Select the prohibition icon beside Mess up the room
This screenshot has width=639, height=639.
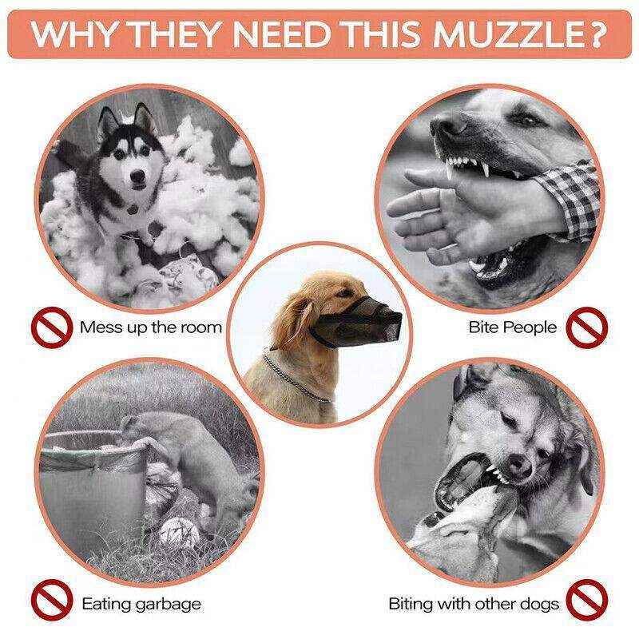49,327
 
